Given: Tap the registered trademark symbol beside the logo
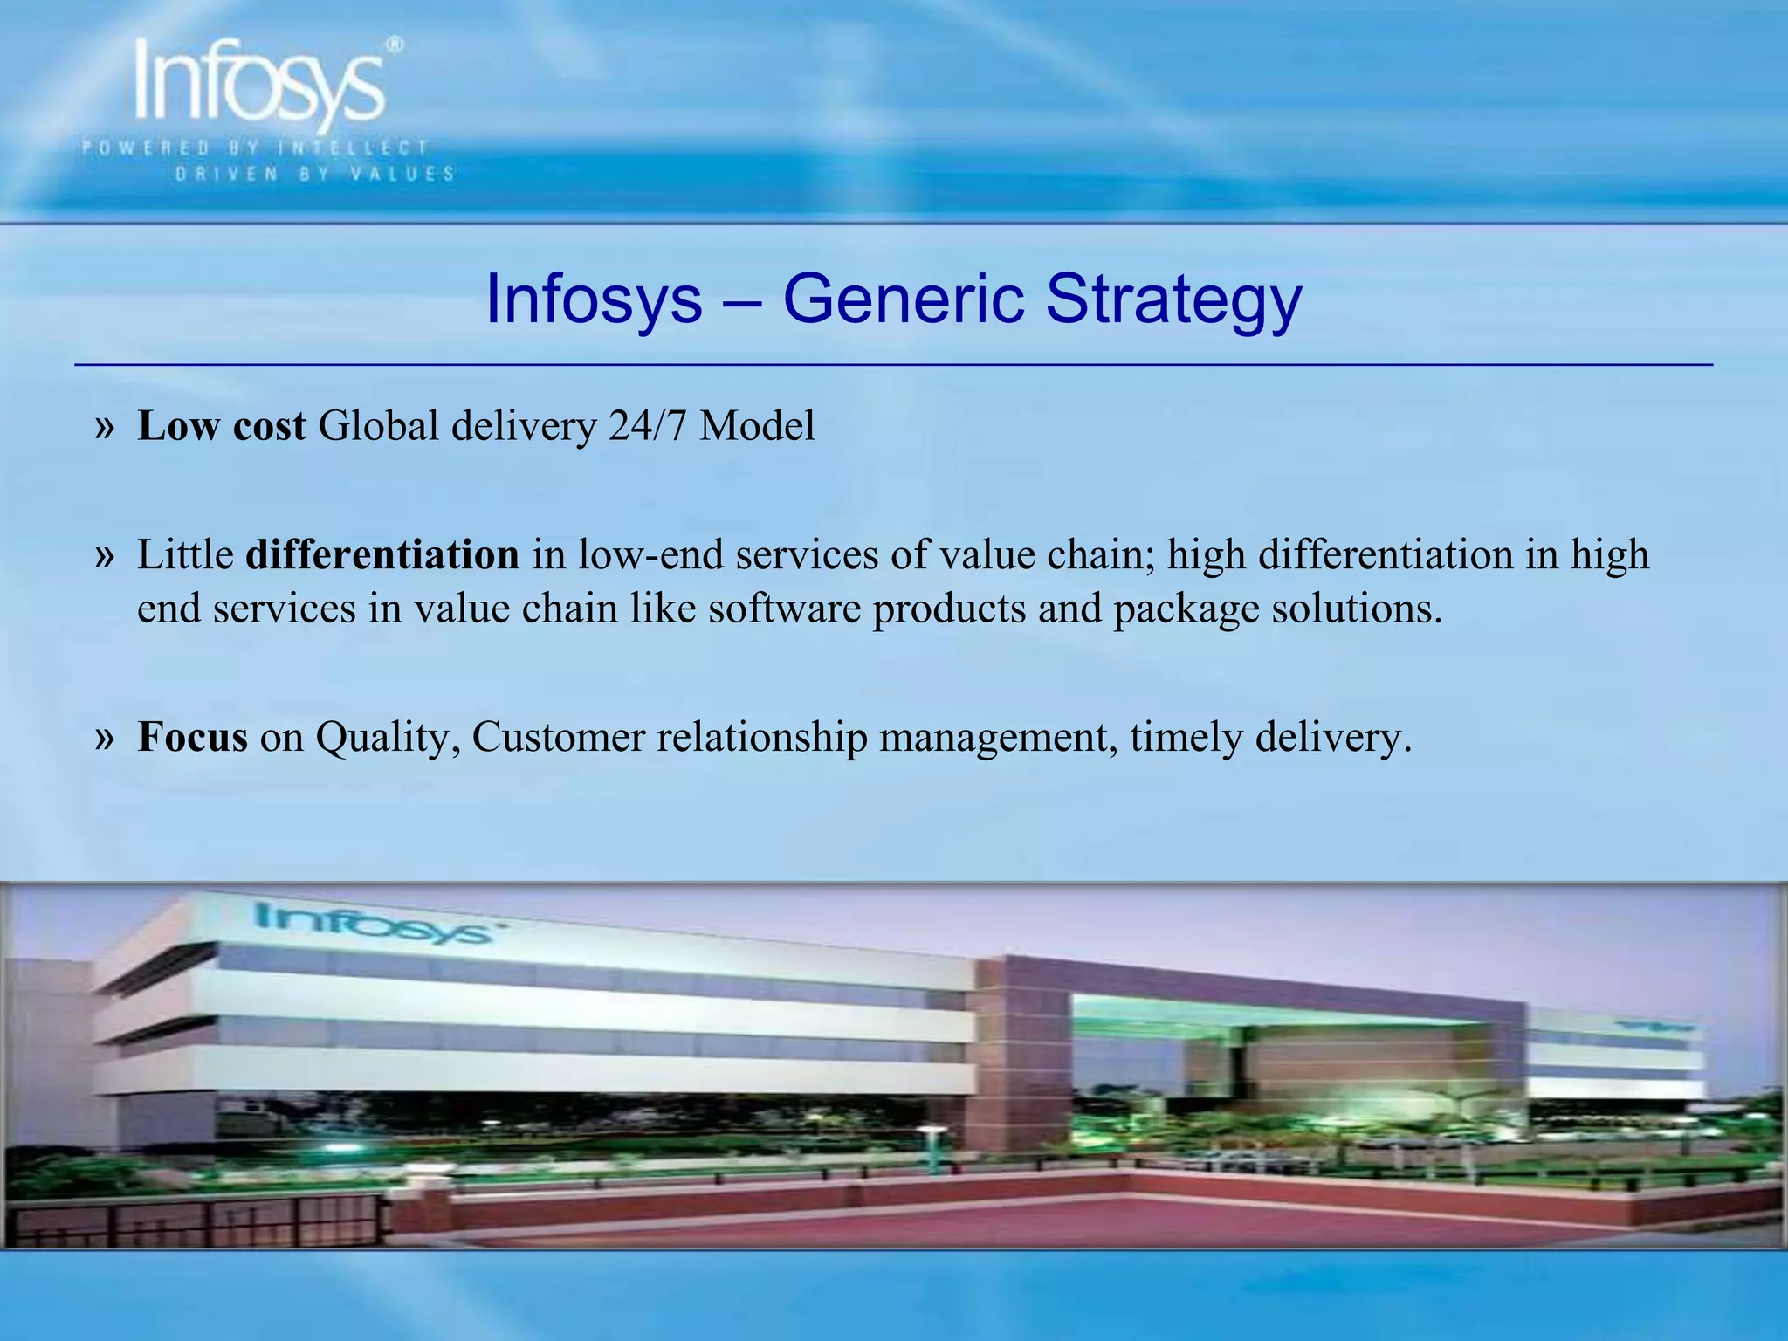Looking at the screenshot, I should [395, 45].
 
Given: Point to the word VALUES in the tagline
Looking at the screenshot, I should [402, 174].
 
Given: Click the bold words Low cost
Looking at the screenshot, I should [222, 426].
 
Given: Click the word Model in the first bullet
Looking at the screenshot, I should [757, 426].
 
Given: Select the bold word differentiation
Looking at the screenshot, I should [382, 555].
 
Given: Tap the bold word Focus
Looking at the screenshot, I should [192, 737].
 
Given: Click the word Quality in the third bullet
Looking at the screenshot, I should [388, 739].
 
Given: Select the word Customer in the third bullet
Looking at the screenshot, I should [558, 737].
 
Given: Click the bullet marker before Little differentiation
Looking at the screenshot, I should [105, 556].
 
